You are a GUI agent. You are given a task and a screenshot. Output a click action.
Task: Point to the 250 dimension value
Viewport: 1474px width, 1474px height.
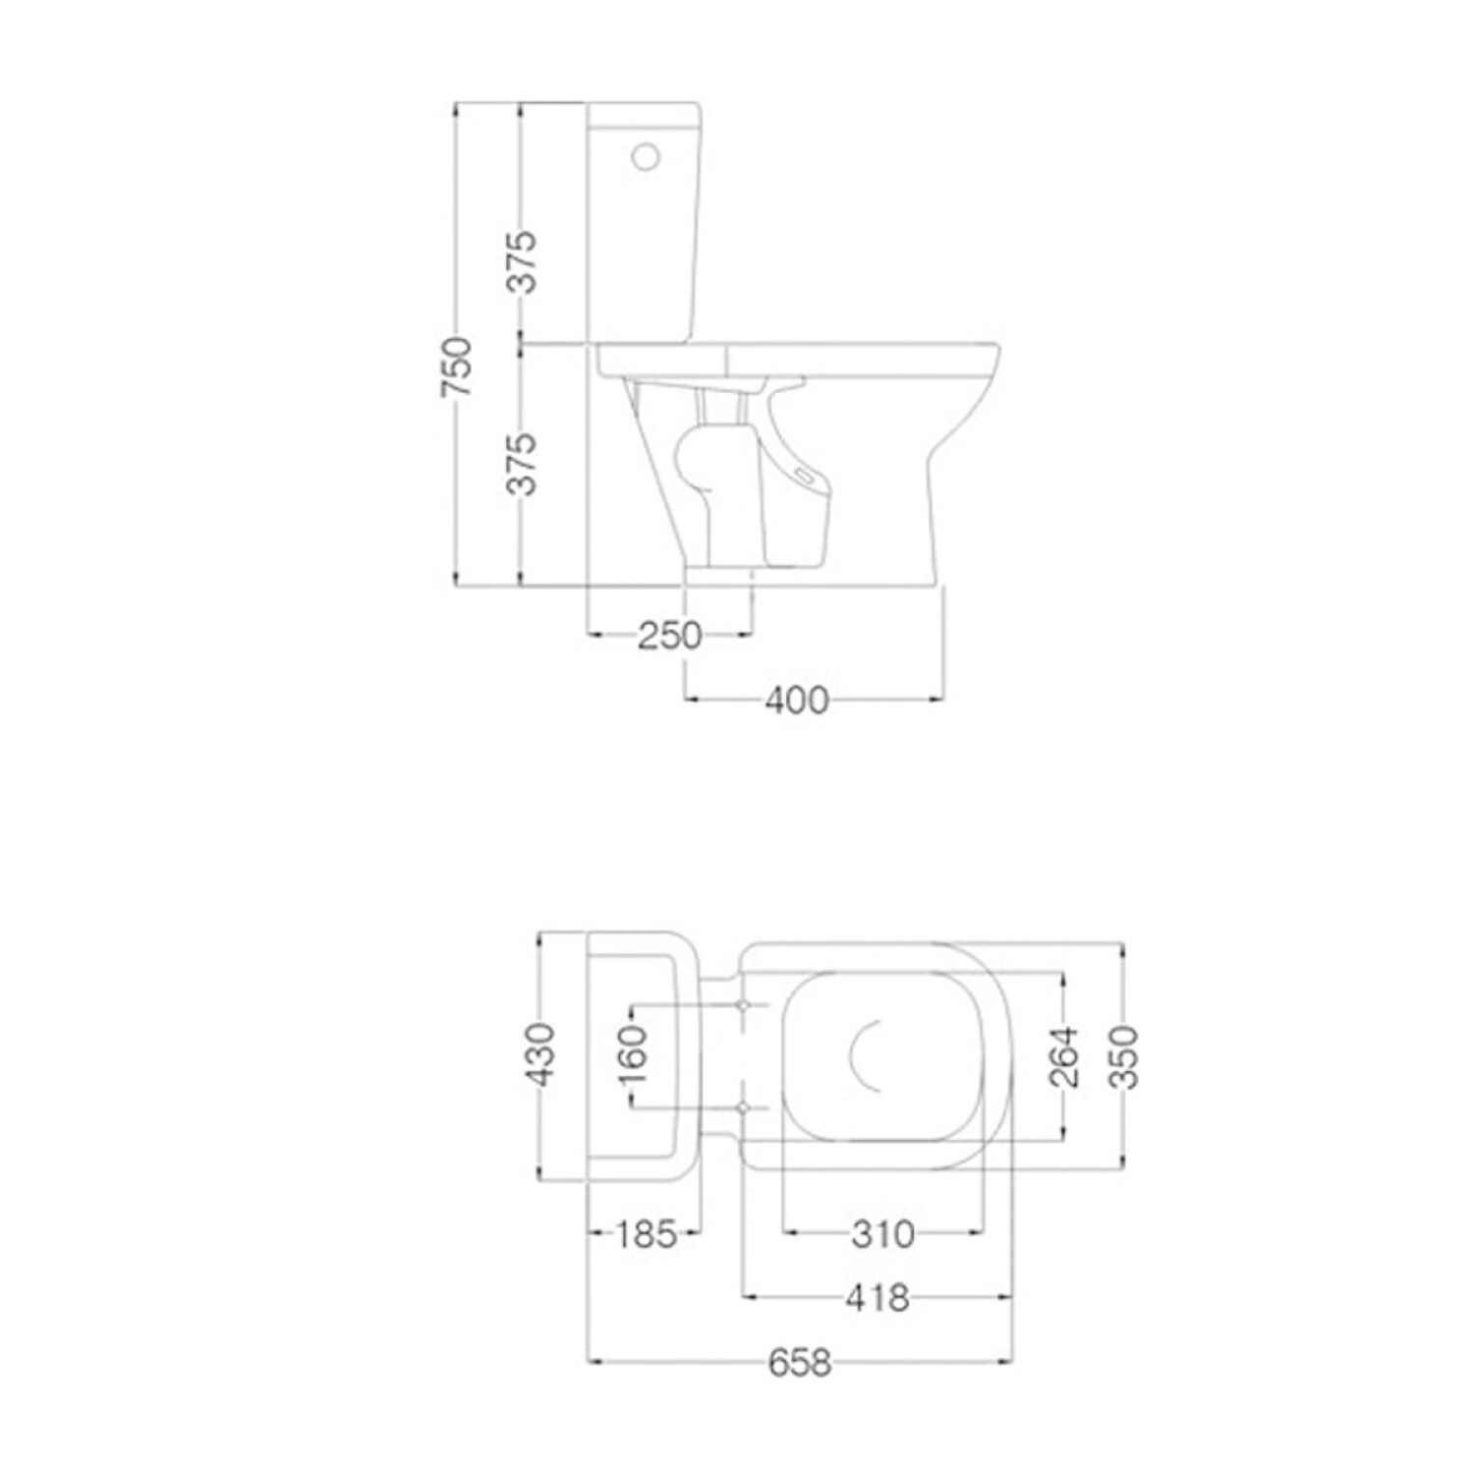click(670, 636)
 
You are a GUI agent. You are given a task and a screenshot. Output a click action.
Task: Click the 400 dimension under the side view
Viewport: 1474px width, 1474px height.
click(797, 701)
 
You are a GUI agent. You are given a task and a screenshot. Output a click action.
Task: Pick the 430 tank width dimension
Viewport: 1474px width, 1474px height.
click(539, 1054)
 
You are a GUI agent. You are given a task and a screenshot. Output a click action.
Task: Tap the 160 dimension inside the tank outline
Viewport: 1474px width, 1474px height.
click(634, 1054)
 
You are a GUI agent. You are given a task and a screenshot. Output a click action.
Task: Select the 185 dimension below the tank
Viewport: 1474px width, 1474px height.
click(646, 1233)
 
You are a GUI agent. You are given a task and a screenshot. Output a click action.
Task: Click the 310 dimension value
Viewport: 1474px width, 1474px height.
click(882, 1233)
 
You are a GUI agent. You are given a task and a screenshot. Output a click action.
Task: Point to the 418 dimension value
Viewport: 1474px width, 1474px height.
click(878, 1298)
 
